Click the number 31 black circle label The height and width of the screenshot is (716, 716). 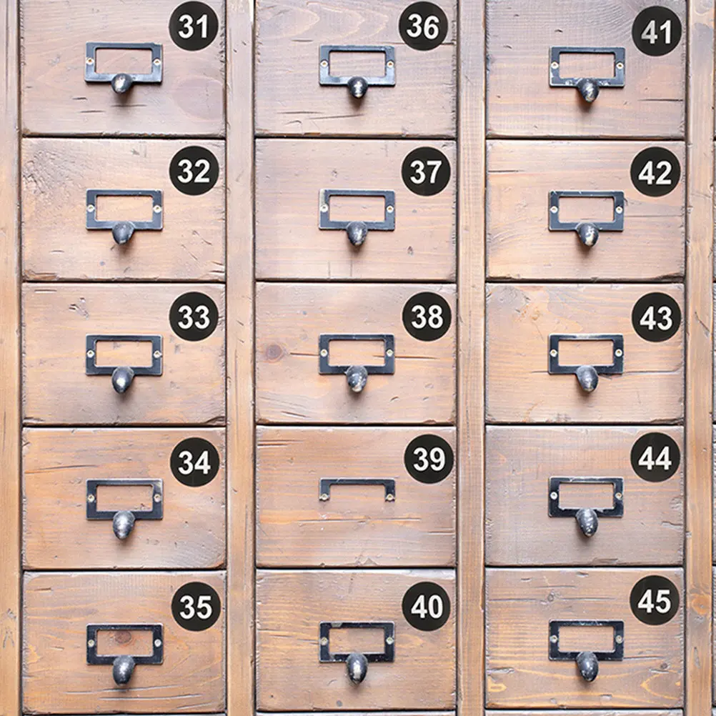(x=194, y=26)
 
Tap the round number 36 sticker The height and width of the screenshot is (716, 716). (x=423, y=26)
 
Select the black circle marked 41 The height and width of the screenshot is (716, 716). (x=657, y=31)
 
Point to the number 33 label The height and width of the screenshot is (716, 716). (x=194, y=317)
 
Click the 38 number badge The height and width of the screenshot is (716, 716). (x=427, y=317)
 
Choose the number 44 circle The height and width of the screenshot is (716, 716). (x=655, y=457)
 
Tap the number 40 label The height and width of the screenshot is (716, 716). (x=427, y=606)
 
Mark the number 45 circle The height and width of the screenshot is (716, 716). (x=655, y=600)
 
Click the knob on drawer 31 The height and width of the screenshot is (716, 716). (x=122, y=84)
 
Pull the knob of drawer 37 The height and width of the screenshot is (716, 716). (x=357, y=234)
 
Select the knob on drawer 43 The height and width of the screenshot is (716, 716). (x=587, y=378)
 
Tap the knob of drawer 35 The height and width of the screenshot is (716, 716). (x=124, y=670)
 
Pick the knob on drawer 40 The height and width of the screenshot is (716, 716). (x=357, y=668)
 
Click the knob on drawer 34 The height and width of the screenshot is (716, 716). (x=124, y=524)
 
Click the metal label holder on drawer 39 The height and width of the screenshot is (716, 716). (x=357, y=482)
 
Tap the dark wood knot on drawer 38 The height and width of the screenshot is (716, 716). (x=274, y=352)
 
